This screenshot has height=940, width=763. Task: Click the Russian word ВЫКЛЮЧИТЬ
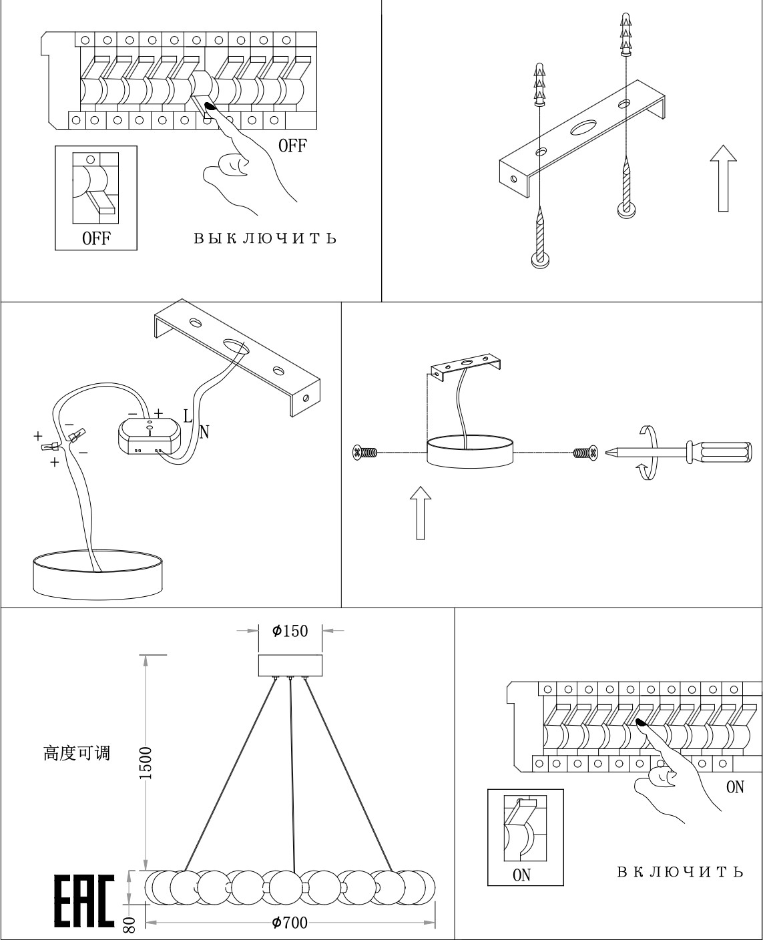(x=265, y=238)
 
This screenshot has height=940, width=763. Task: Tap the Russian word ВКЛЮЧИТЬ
(x=679, y=872)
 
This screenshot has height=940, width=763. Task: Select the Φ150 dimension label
(x=290, y=630)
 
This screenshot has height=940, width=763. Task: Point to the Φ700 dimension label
(x=290, y=923)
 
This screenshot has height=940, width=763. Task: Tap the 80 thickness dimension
(x=130, y=924)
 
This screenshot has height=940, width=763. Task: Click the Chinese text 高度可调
(x=77, y=754)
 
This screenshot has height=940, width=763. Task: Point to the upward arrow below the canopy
(x=420, y=511)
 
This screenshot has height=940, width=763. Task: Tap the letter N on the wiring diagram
(x=204, y=433)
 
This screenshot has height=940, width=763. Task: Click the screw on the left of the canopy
(x=364, y=453)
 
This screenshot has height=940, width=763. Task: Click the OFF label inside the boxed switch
(x=96, y=238)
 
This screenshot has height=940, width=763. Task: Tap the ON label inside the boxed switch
(x=521, y=875)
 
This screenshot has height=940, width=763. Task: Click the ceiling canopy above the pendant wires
(x=290, y=666)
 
